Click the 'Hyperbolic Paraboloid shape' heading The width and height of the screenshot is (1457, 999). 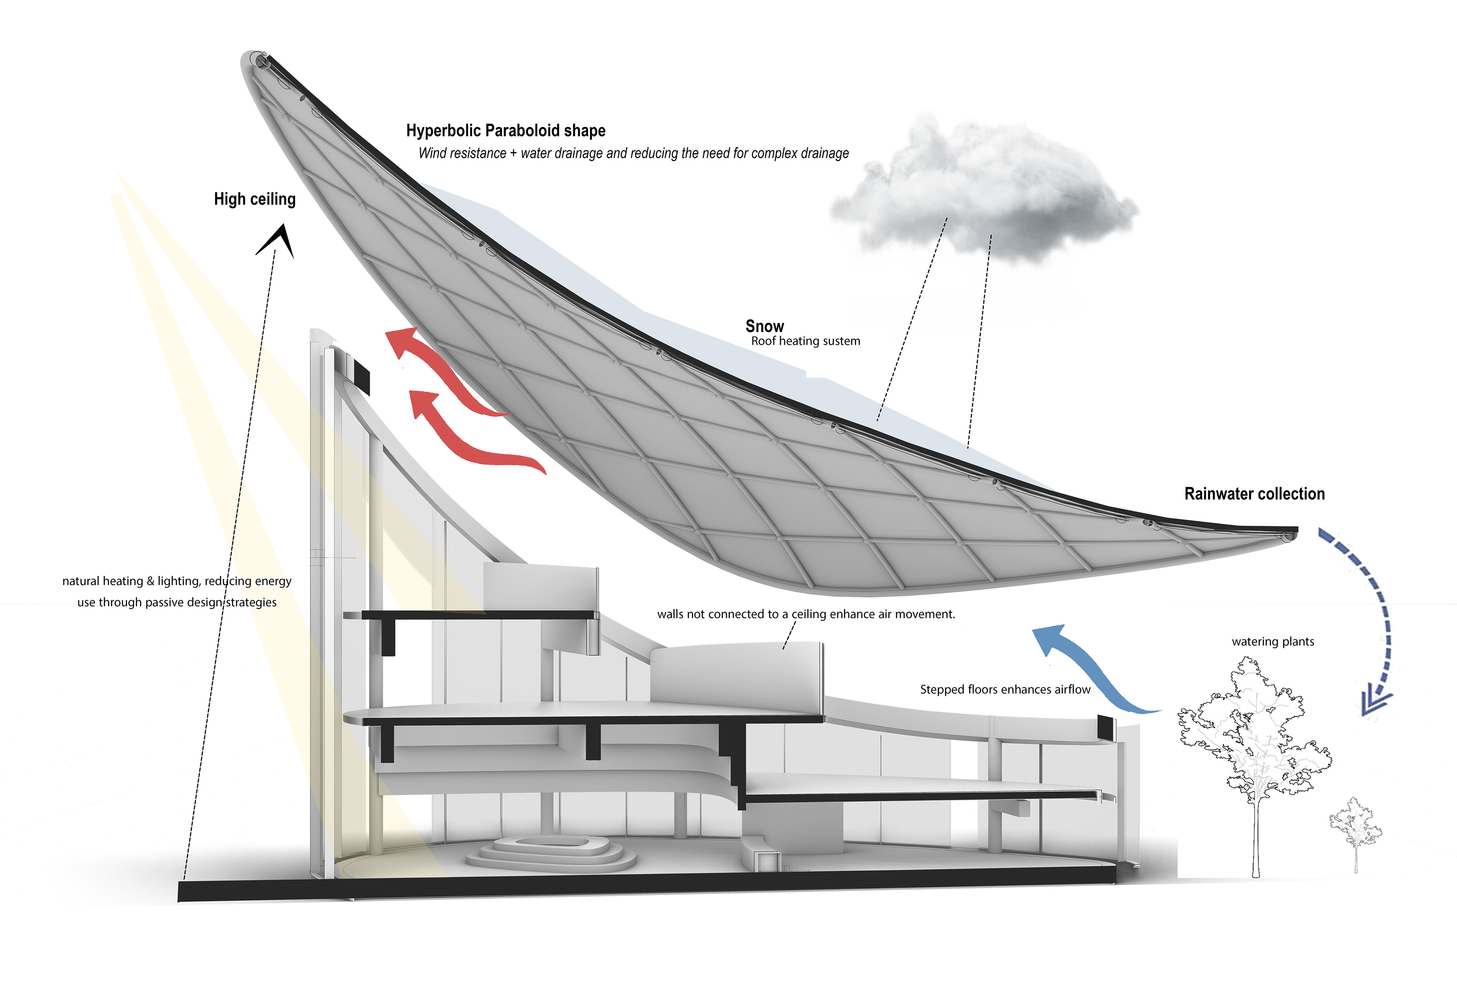pyautogui.click(x=505, y=131)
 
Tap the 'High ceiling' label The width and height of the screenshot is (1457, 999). pyautogui.click(x=255, y=199)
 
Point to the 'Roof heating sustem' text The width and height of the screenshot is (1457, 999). pyautogui.click(x=806, y=341)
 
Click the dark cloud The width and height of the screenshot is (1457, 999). pyautogui.click(x=984, y=188)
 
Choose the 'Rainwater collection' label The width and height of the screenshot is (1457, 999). pyautogui.click(x=1254, y=494)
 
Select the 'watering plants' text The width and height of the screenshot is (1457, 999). pyautogui.click(x=1273, y=642)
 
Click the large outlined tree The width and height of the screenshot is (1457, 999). pyautogui.click(x=1254, y=739)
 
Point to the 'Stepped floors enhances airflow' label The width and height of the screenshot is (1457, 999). pyautogui.click(x=1005, y=689)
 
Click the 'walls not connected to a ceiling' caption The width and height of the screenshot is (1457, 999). pyautogui.click(x=806, y=614)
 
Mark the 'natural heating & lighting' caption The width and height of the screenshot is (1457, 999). pyautogui.click(x=177, y=591)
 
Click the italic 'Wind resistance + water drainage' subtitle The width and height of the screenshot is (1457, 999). pyautogui.click(x=633, y=154)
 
